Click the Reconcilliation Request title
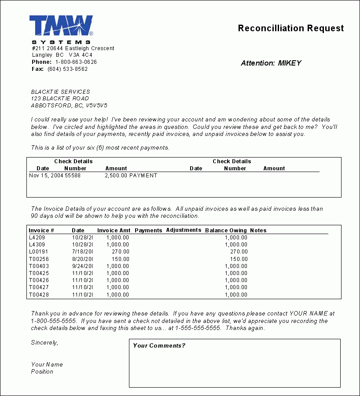290,28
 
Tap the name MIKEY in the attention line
290,63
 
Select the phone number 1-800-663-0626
76,62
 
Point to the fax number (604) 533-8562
67,69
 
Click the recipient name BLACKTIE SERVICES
60,92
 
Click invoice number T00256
39,259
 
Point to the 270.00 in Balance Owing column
239,252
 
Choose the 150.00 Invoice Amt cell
121,259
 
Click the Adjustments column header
184,230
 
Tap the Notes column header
258,230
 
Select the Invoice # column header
41,230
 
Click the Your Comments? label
159,345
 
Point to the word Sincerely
44,342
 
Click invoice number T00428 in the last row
39,294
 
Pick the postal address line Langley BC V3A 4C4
62,55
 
